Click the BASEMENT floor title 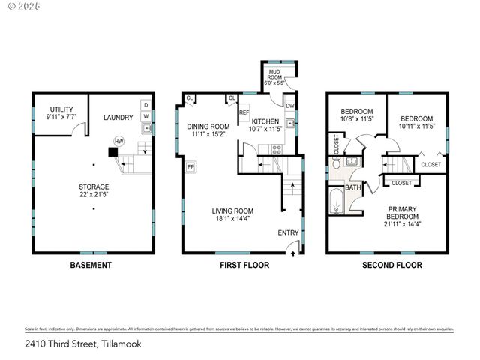coord(91,265)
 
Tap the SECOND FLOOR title coord(391,265)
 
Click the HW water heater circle coord(118,141)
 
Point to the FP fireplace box coord(191,166)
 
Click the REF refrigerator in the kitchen coord(244,112)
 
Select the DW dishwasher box coord(289,106)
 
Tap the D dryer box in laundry coord(146,105)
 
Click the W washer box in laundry coord(146,116)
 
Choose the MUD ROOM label coord(275,77)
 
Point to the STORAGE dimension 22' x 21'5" coord(94,195)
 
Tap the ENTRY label coord(288,233)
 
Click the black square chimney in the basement coord(112,152)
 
